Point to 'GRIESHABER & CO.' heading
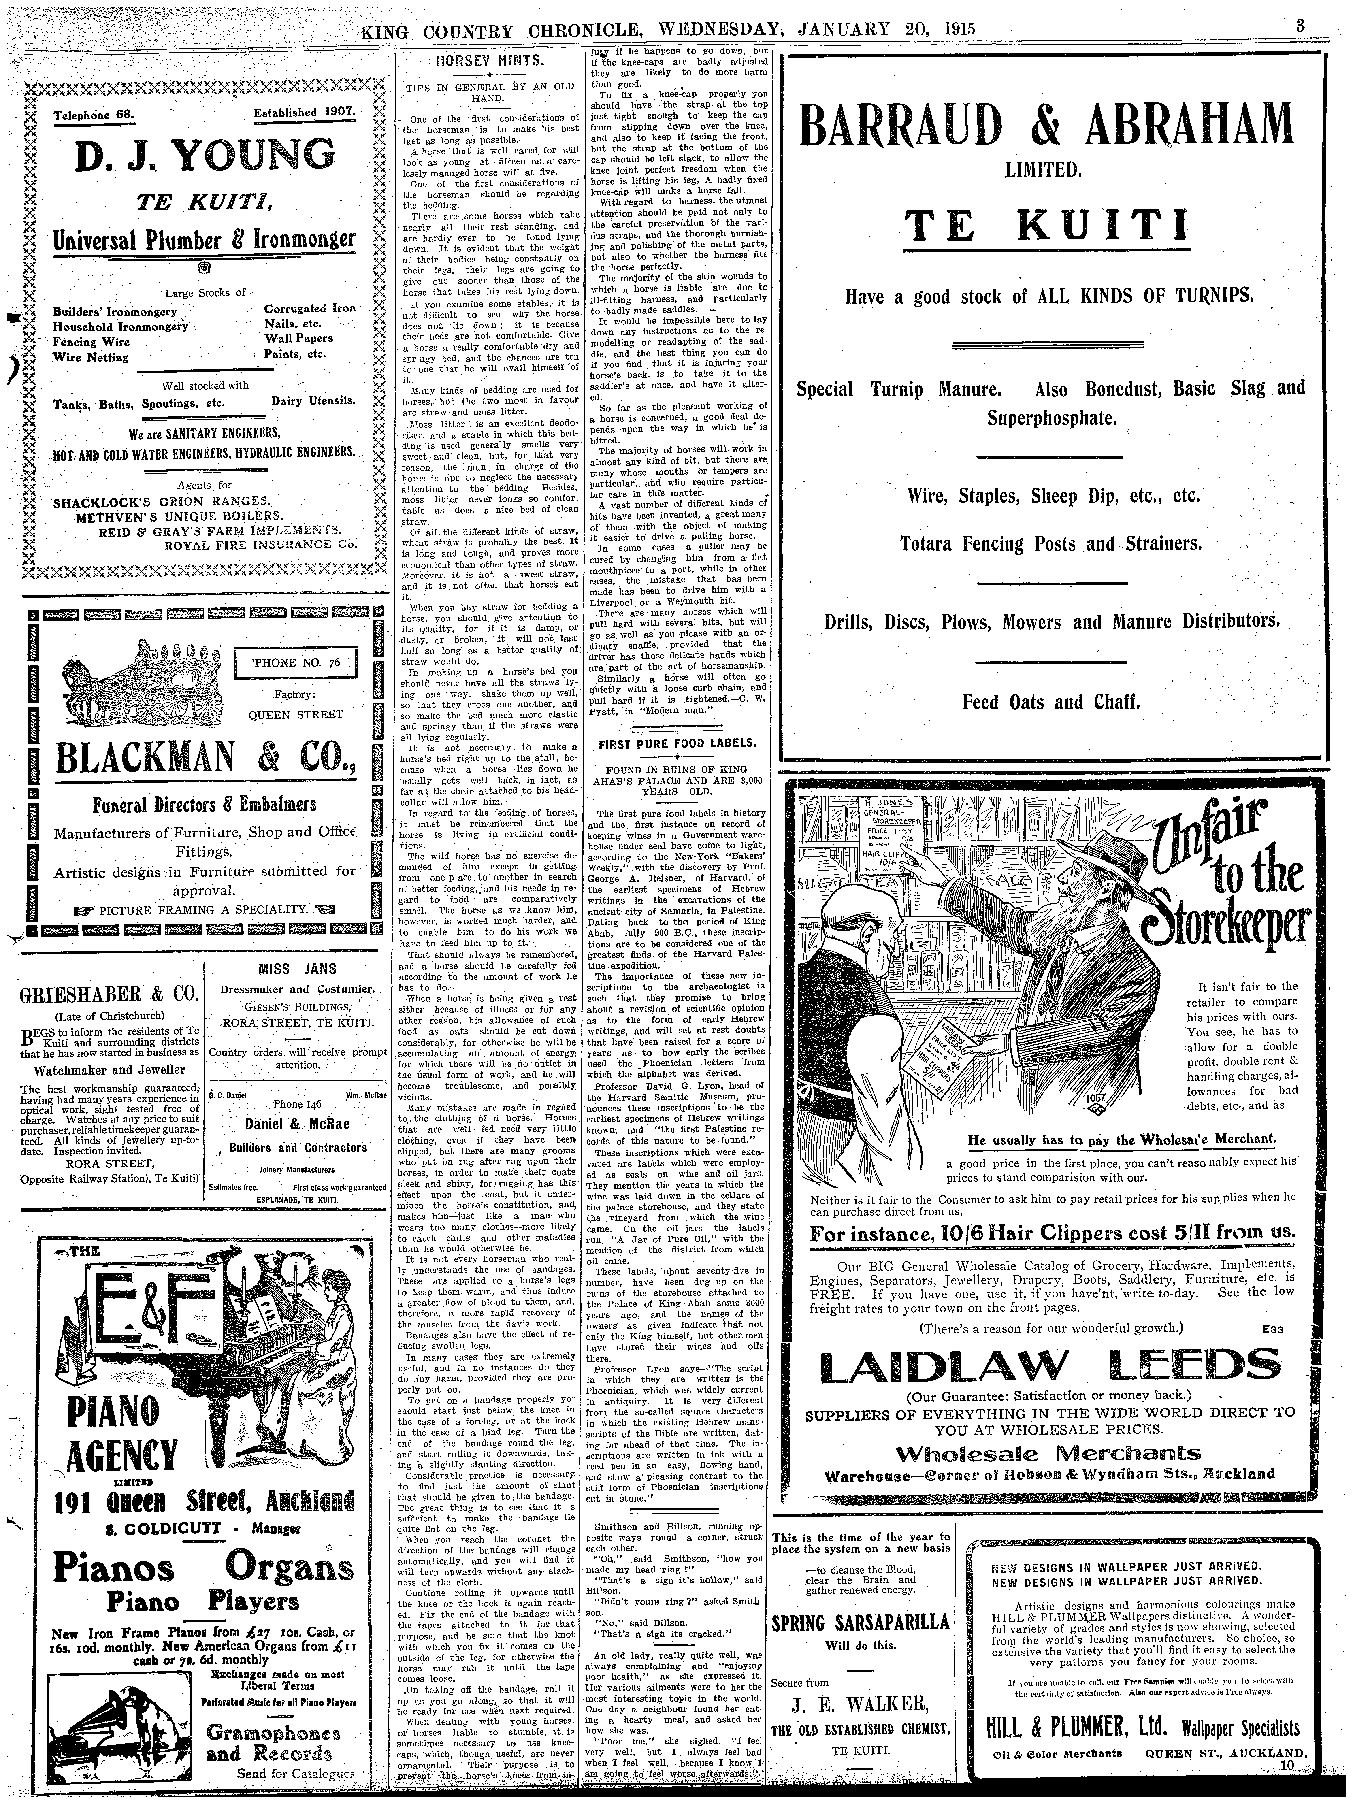pos(108,995)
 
